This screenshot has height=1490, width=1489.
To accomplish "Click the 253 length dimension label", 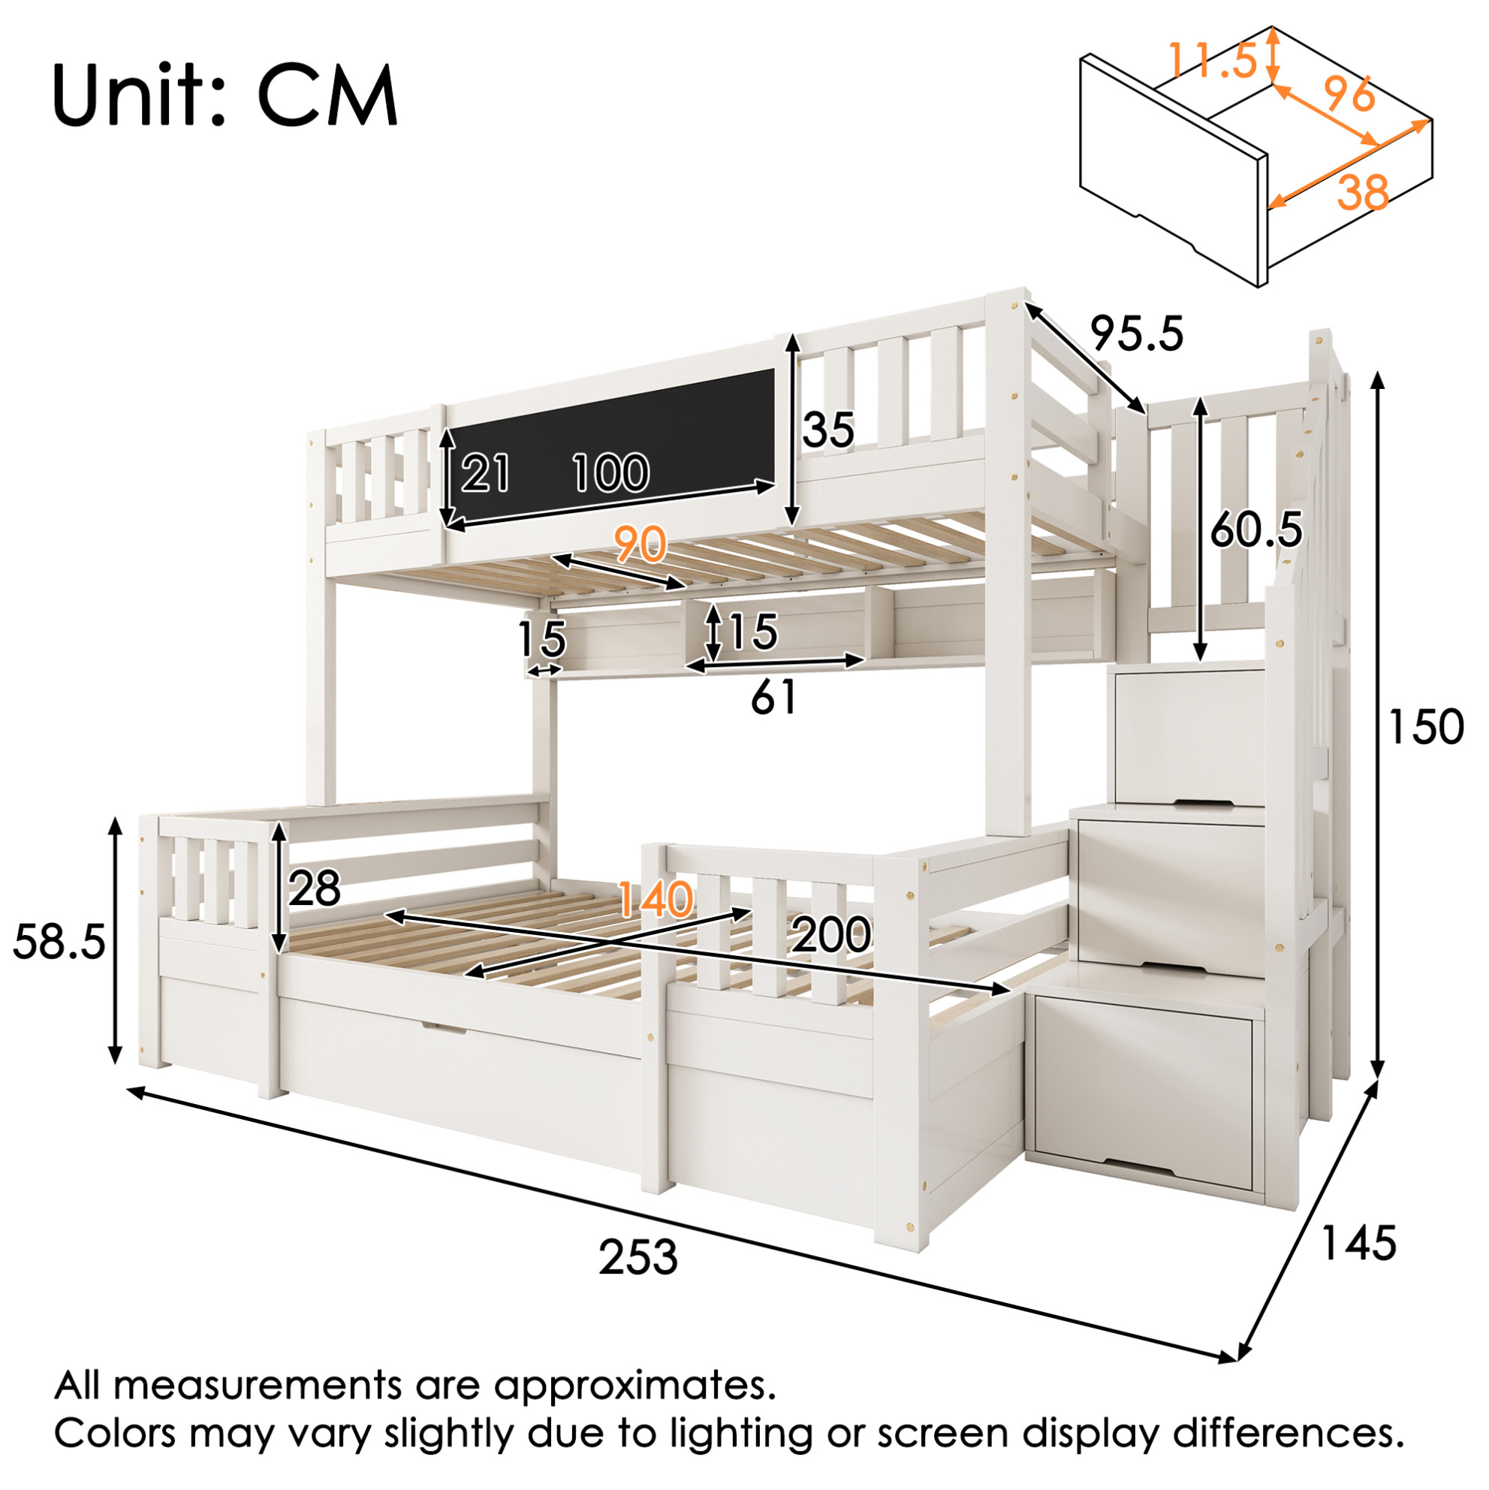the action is point(637,1257).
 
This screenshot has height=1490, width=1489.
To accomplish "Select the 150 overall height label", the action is point(1425,726).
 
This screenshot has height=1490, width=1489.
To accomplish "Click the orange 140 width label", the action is point(656,899).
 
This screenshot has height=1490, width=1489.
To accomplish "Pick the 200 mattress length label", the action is point(831,935).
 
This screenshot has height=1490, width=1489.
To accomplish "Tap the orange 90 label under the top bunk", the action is point(640,544).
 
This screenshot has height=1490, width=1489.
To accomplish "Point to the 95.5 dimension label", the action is point(1137,334).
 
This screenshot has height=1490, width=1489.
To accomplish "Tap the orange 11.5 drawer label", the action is point(1213,60).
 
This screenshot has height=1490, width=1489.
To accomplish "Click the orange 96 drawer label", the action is point(1349,94).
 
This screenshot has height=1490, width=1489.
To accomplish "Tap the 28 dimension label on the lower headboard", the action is point(315,888).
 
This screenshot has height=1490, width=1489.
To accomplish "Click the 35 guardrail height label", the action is point(829,430).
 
